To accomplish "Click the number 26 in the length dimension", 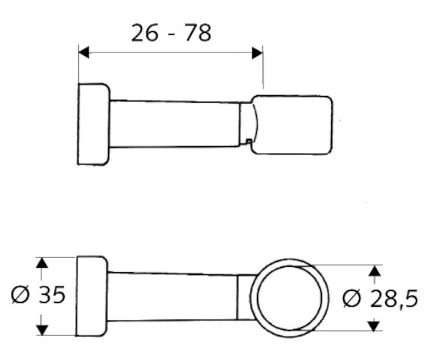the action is click(x=145, y=33).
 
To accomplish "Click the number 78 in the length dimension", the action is click(x=198, y=33).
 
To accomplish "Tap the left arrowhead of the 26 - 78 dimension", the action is click(x=84, y=52).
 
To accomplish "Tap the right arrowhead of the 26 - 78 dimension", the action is click(x=257, y=52).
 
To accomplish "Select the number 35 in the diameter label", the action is click(x=52, y=294).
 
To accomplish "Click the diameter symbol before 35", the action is click(x=20, y=295).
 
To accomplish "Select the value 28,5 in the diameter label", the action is click(x=394, y=298).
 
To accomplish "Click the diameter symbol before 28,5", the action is click(x=352, y=298).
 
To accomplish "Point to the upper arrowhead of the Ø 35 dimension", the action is click(x=42, y=262).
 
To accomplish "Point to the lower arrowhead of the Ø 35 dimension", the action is click(x=42, y=330).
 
